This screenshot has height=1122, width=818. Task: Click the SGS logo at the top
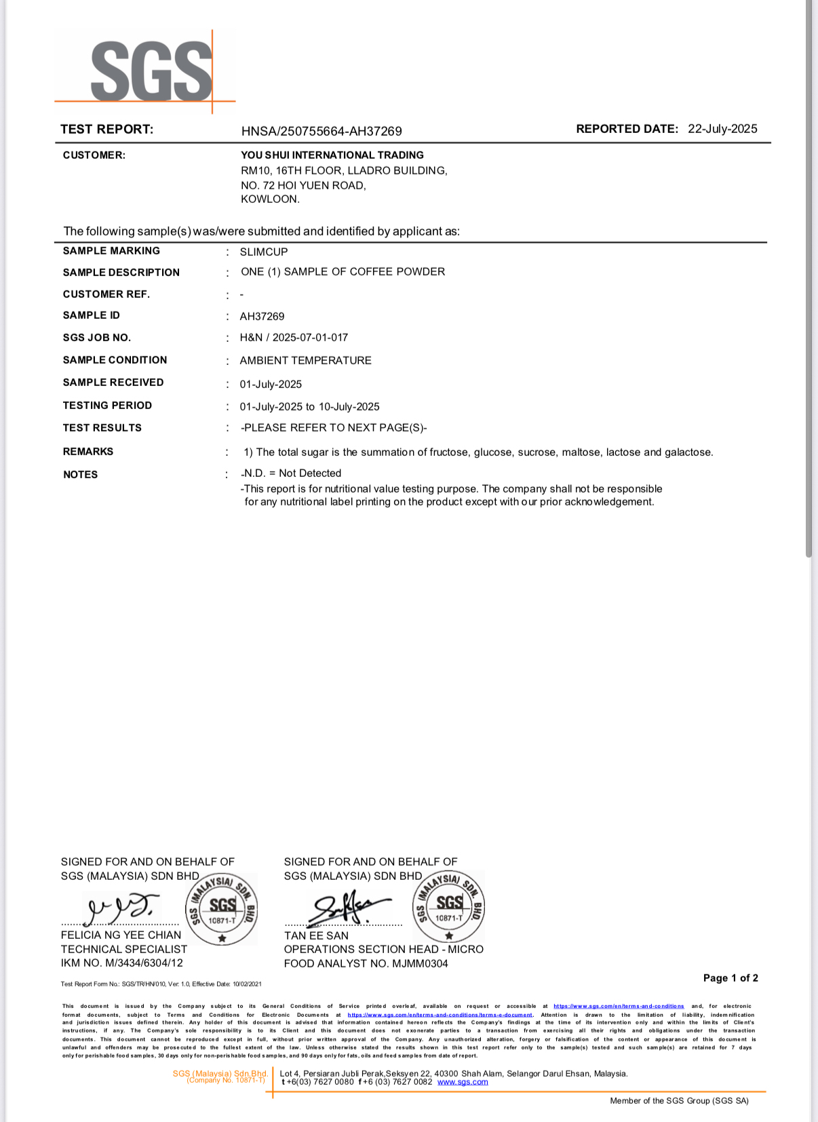coord(151,71)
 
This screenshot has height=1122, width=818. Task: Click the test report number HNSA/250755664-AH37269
coord(322,131)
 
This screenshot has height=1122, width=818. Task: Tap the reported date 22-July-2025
coord(722,129)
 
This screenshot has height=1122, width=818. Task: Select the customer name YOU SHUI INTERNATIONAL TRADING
coord(332,155)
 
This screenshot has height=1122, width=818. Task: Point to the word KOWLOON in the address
coord(269,199)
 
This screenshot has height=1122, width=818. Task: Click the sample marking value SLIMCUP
coord(264,252)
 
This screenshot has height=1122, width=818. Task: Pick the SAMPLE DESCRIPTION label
coord(121,273)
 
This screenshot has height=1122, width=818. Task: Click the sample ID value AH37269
coord(262,316)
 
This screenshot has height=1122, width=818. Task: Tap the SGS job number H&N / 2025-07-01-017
coord(294,338)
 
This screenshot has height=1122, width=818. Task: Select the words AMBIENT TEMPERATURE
coord(305,360)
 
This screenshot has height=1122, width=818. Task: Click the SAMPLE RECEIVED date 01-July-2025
coord(271,384)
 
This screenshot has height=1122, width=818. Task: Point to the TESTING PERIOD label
coord(107,406)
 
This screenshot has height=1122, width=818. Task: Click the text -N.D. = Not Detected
coord(291,473)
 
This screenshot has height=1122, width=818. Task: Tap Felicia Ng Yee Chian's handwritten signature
coord(121,908)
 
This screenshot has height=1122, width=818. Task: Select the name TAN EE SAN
coord(316,935)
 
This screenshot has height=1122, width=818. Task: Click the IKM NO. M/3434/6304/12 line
coord(122,963)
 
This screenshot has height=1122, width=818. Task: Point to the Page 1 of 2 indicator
coord(731,978)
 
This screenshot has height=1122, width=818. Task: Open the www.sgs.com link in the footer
coord(463,1082)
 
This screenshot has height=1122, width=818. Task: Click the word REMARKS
coord(88,452)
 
